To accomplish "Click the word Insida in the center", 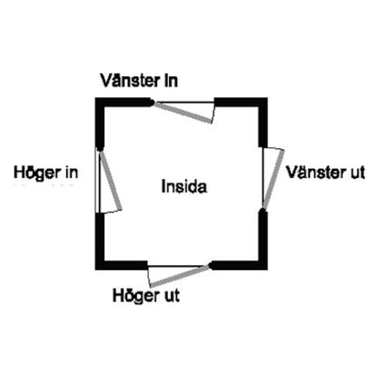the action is pyautogui.click(x=184, y=186).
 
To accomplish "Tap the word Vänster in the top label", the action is pyautogui.click(x=130, y=81).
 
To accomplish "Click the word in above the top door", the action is pyautogui.click(x=171, y=81).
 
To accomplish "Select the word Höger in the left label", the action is pyautogui.click(x=36, y=173).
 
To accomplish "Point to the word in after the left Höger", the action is pyautogui.click(x=71, y=173).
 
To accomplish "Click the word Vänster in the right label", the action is pyautogui.click(x=316, y=173).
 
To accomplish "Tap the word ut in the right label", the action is pyautogui.click(x=357, y=173).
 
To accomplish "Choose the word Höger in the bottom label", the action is pyautogui.click(x=136, y=295).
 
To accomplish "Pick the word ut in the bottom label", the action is pyautogui.click(x=172, y=295).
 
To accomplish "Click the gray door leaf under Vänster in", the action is pyautogui.click(x=184, y=113).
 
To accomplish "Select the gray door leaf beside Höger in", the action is pyautogui.click(x=110, y=179).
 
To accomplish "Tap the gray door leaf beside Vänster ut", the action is pyautogui.click(x=274, y=179).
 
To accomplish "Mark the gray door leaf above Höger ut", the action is pyautogui.click(x=180, y=275).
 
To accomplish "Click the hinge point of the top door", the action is pyautogui.click(x=153, y=103).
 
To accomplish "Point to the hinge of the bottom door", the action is pyautogui.click(x=210, y=265).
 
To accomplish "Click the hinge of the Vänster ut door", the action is pyautogui.click(x=263, y=210).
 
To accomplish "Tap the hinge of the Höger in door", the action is pyautogui.click(x=100, y=148).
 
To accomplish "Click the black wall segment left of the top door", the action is pyautogui.click(x=124, y=102).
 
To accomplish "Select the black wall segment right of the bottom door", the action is pyautogui.click(x=239, y=265).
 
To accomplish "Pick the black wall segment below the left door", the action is pyautogui.click(x=100, y=242).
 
